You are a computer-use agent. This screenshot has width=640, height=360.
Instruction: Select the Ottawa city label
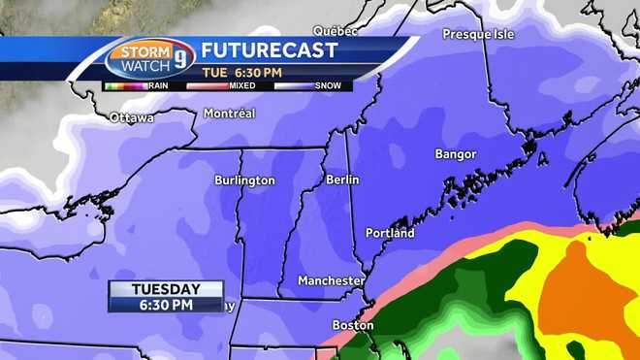coord(132,118)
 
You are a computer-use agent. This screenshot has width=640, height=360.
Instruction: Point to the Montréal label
coord(229,114)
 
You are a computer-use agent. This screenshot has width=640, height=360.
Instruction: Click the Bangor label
coord(456,154)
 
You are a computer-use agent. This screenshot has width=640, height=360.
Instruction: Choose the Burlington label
coord(244,180)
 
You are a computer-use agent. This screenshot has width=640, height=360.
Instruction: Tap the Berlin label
coord(342,180)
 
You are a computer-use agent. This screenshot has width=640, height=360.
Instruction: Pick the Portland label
coord(390,233)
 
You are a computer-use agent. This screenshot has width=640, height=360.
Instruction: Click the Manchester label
coord(331,280)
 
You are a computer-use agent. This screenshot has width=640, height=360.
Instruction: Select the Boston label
coord(353,325)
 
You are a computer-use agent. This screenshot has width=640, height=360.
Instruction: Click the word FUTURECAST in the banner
coord(269,50)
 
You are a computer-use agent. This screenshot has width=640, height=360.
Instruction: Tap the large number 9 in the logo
coord(180,58)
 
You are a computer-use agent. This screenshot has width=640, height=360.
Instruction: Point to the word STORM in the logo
coord(143,51)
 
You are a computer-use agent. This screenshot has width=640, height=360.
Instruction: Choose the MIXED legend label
coord(242,85)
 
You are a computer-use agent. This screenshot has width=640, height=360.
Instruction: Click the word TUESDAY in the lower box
coord(166,289)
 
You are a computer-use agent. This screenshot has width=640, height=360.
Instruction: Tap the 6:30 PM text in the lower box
coord(166,304)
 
